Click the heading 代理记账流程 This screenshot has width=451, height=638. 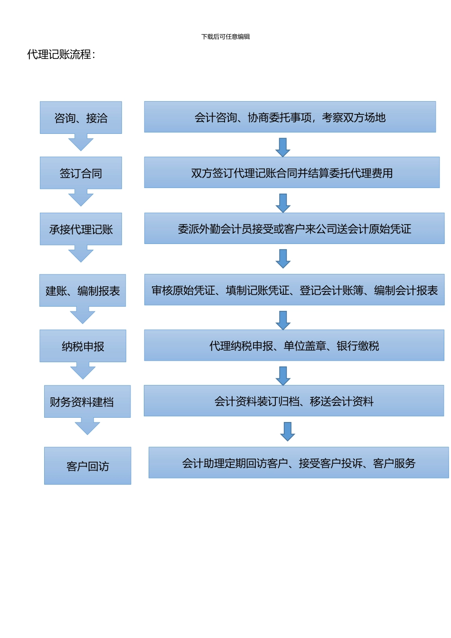pyautogui.click(x=61, y=55)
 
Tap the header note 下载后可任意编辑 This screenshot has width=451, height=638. pyautogui.click(x=225, y=37)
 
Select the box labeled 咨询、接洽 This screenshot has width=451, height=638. pyautogui.click(x=81, y=118)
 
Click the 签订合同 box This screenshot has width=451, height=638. pyautogui.click(x=81, y=173)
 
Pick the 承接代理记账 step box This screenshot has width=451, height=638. pyautogui.click(x=81, y=229)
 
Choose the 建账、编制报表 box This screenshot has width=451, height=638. pyautogui.click(x=83, y=291)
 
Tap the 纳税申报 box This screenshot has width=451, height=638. pyautogui.click(x=83, y=346)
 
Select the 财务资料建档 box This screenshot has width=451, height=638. pyautogui.click(x=87, y=402)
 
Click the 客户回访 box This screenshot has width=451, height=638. pyautogui.click(x=87, y=466)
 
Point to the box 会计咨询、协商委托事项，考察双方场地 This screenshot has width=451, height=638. pyautogui.click(x=290, y=117)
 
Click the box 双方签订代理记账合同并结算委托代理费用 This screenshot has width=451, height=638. pyautogui.click(x=291, y=173)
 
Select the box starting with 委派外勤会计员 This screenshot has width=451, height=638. pyautogui.click(x=294, y=228)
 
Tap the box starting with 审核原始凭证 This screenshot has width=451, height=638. pyautogui.click(x=294, y=290)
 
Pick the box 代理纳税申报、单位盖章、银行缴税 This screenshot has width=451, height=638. pyautogui.click(x=294, y=346)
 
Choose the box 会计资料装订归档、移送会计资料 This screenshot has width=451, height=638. pyautogui.click(x=294, y=401)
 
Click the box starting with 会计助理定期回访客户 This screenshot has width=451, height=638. pyautogui.click(x=299, y=463)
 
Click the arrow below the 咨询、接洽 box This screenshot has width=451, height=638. pyautogui.click(x=81, y=142)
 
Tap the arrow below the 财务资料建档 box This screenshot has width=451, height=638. pyautogui.click(x=87, y=426)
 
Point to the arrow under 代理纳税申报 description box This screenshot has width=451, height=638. pyautogui.click(x=283, y=375)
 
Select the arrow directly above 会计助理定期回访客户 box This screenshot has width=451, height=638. pyautogui.click(x=288, y=431)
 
